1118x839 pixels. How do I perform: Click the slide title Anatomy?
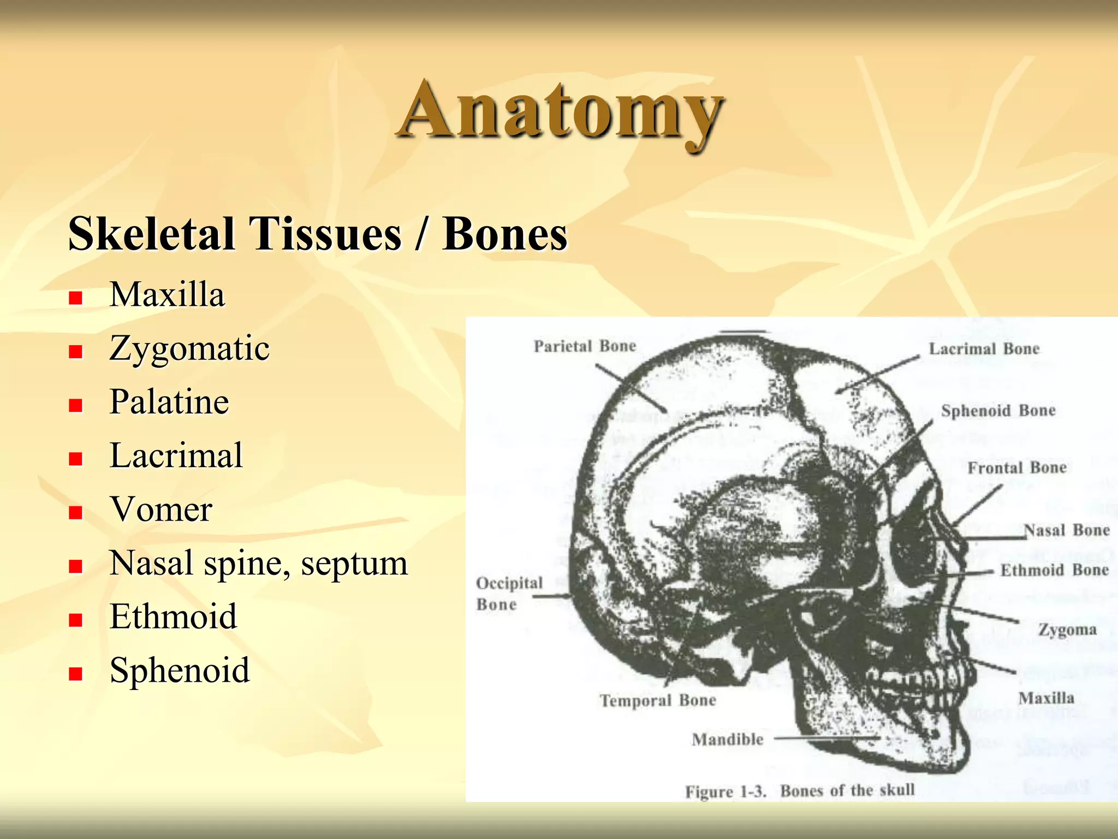click(561, 112)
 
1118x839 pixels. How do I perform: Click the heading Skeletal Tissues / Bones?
click(318, 234)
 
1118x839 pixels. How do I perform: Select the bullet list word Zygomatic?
click(189, 348)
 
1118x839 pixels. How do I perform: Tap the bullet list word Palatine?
click(169, 402)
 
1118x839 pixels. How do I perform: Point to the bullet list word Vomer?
click(161, 509)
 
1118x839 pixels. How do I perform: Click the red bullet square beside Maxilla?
click(75, 298)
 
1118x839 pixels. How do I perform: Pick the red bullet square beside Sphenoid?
click(75, 673)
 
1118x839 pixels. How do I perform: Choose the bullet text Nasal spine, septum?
click(258, 563)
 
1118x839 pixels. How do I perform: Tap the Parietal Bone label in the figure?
click(585, 346)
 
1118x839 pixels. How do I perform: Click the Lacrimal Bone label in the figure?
click(984, 349)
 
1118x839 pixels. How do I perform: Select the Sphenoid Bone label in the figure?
click(998, 411)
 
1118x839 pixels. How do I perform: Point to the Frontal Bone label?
click(1016, 468)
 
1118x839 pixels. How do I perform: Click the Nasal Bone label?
click(1066, 530)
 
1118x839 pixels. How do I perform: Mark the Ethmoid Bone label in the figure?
click(1054, 570)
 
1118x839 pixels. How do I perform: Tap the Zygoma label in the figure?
click(1067, 630)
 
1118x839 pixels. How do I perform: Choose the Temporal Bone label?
click(658, 701)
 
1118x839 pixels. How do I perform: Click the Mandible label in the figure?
click(728, 740)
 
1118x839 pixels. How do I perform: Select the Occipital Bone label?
click(509, 594)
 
